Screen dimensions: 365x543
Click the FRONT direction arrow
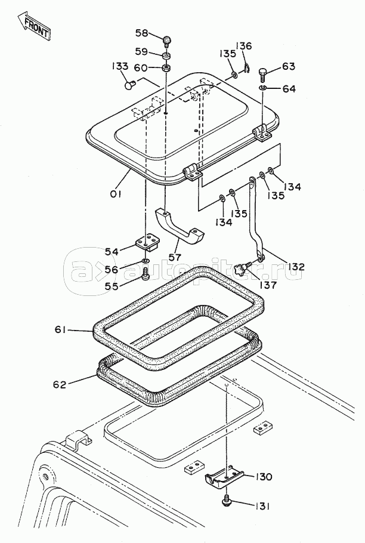34,26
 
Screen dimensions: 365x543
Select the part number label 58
142,33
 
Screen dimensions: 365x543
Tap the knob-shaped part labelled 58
167,42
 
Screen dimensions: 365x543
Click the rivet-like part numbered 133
130,85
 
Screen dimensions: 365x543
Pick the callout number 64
289,89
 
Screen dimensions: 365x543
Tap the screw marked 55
147,273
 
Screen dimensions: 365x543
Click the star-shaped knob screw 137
242,269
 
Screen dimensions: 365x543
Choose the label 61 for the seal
60,330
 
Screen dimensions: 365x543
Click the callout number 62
60,384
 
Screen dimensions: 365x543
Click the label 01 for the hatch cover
116,195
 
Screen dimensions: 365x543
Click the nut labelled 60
167,67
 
